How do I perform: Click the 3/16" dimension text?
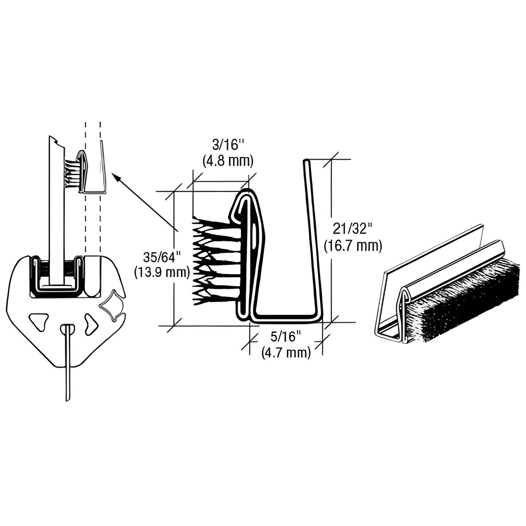point(227,146)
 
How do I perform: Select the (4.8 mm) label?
point(227,161)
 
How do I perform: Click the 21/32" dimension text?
point(352,230)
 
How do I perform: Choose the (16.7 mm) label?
point(353,246)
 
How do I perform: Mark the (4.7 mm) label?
point(286,352)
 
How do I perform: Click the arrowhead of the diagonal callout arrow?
point(115,177)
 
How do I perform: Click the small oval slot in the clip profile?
point(253,233)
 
